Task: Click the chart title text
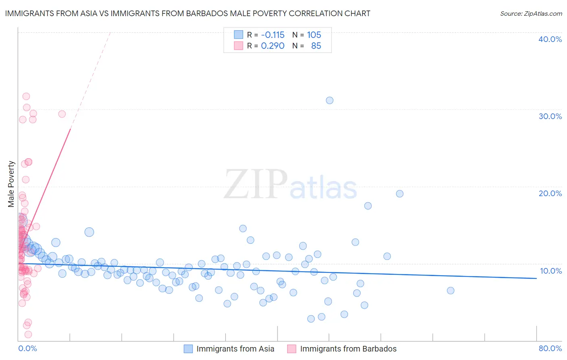coord(188,14)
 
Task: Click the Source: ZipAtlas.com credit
coord(531,14)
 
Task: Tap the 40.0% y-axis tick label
coord(550,39)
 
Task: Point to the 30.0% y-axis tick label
coord(550,116)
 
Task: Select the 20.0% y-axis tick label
coord(550,193)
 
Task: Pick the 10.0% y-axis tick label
coord(551,271)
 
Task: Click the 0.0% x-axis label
coord(27,348)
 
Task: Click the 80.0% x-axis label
coord(550,348)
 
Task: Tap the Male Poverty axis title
coord(11,184)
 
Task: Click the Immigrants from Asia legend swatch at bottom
coord(188,349)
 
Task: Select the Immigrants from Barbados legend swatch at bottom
coord(292,349)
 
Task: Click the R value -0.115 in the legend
coord(273,35)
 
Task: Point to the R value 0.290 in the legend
coord(273,46)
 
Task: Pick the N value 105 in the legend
coord(314,35)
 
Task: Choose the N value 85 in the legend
coord(316,46)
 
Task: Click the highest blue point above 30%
coord(329,100)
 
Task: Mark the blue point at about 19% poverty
coord(400,194)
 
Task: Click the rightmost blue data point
coord(450,291)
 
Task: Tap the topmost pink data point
coord(26,96)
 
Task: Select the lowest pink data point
coord(28,335)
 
